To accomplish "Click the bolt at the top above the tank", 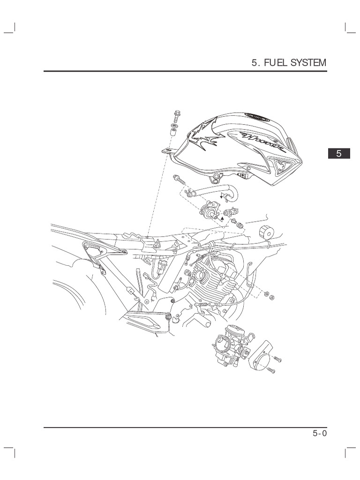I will click(x=176, y=114).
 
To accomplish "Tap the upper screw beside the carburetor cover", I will click(x=277, y=359).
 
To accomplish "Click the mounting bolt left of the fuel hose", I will click(x=179, y=178).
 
